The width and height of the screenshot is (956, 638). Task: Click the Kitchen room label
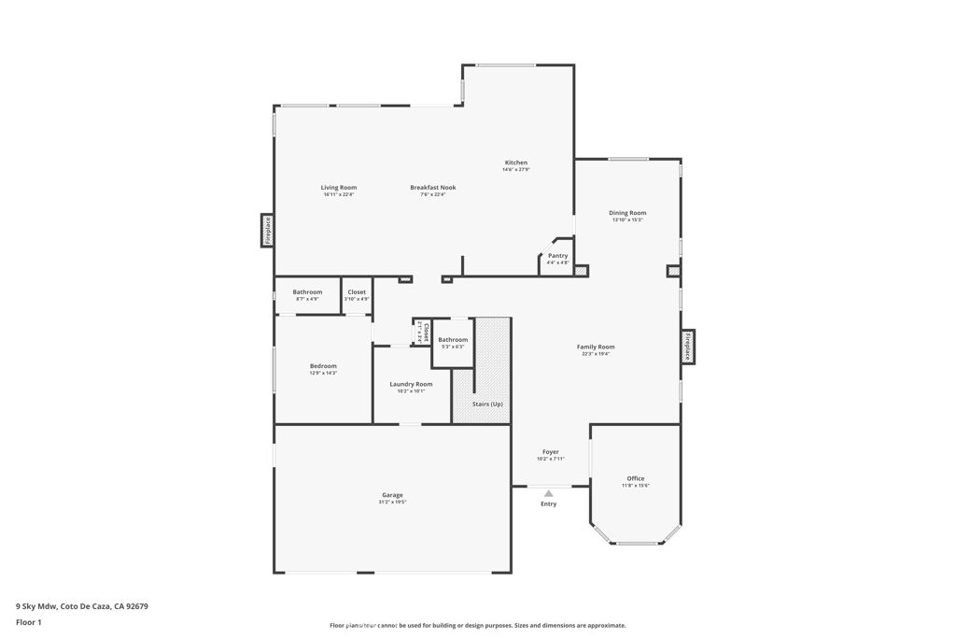click(x=516, y=163)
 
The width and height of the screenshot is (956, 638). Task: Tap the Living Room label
click(x=339, y=188)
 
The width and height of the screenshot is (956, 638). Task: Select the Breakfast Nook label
click(x=433, y=188)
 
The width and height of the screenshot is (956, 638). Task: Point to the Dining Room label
click(x=627, y=213)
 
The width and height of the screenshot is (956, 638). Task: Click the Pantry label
click(x=557, y=256)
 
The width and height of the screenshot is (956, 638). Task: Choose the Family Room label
click(x=595, y=347)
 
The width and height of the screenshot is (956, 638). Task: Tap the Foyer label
click(x=551, y=452)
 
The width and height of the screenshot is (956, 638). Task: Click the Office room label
click(x=635, y=478)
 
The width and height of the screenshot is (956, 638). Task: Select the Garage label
click(x=392, y=495)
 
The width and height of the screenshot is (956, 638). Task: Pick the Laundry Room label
click(x=411, y=384)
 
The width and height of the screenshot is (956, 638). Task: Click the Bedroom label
click(x=323, y=366)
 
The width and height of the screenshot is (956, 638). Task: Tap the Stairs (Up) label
click(x=487, y=404)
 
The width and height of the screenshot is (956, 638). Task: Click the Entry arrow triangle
click(x=549, y=493)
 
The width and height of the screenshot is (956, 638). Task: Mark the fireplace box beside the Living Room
click(x=267, y=231)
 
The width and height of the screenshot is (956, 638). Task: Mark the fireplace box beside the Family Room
click(x=688, y=347)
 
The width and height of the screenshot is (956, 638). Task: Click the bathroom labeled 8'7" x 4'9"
click(x=307, y=292)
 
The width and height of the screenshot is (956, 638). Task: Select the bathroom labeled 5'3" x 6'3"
click(x=453, y=340)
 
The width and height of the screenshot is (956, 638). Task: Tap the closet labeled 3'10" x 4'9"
click(x=357, y=292)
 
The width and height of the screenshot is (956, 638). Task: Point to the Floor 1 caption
click(x=29, y=622)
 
